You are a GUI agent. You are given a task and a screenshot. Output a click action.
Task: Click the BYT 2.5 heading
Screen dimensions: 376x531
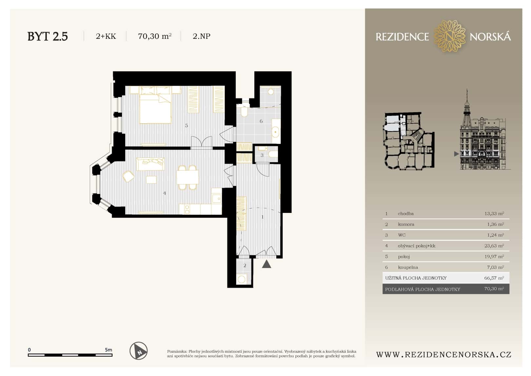(x=48, y=36)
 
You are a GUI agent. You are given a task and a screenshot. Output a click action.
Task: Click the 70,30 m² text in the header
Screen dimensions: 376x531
(x=154, y=36)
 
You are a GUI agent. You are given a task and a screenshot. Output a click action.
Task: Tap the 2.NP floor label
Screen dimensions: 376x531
(x=201, y=36)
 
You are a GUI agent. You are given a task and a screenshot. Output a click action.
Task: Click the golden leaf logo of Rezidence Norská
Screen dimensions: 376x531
(x=449, y=36)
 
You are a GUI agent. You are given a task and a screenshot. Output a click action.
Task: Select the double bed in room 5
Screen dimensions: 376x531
(x=155, y=107)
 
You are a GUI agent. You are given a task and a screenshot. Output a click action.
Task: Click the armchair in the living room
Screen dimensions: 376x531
(x=128, y=177)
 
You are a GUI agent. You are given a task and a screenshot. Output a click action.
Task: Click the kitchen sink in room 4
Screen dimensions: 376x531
(x=216, y=198)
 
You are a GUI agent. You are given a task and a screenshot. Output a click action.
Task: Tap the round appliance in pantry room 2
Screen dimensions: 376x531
(x=242, y=280)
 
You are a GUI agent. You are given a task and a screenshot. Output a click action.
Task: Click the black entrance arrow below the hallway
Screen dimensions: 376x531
(x=266, y=264)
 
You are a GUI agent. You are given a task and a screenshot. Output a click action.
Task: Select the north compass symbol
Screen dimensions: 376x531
(x=139, y=351)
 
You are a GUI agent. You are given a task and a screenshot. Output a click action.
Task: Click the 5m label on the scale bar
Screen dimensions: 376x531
(x=108, y=350)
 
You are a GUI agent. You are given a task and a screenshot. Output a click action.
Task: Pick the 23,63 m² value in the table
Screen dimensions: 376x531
(x=494, y=246)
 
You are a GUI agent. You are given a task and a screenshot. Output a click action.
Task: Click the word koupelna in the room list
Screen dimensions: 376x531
(x=408, y=267)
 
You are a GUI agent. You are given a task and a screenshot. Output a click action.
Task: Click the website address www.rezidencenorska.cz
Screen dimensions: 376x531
(x=443, y=354)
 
